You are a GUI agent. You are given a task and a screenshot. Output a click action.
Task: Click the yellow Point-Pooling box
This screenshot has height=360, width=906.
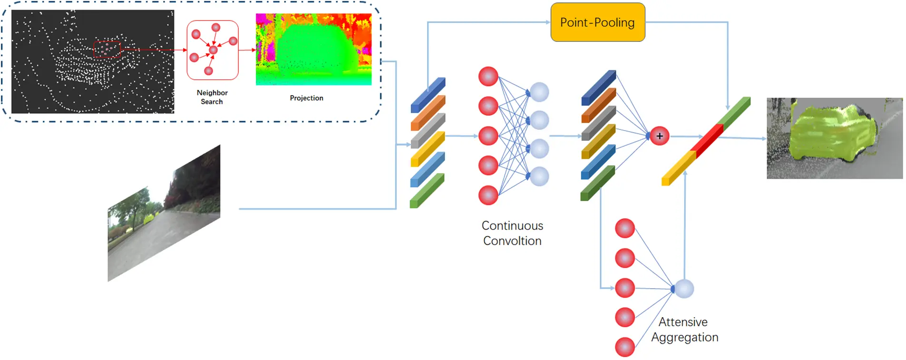[597, 22]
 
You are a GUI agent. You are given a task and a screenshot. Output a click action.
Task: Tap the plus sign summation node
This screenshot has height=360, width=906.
[659, 136]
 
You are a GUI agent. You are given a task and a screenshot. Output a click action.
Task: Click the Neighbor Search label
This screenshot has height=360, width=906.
[212, 97]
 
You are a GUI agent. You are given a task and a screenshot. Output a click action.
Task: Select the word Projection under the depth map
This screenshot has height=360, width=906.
[306, 98]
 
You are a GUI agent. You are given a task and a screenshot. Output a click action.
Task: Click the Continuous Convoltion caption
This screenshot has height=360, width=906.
[512, 233]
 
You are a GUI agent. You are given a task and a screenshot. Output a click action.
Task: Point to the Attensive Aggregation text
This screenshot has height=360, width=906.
[684, 330]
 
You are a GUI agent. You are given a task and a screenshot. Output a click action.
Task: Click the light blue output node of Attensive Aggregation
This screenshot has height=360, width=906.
[684, 289]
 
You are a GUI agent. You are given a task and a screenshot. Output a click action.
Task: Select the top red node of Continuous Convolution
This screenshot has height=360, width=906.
[488, 77]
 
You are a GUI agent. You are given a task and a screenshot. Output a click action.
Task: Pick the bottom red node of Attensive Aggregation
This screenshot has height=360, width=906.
[624, 347]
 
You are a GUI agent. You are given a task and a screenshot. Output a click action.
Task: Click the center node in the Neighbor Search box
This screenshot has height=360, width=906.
[213, 49]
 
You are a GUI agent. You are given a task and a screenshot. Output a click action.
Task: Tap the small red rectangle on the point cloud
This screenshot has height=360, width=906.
[107, 49]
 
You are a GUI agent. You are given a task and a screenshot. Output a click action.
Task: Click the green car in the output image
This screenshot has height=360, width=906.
[832, 133]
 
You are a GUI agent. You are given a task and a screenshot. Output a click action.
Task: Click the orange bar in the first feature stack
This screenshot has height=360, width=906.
[428, 113]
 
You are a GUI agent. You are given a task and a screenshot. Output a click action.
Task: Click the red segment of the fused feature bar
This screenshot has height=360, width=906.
[707, 138]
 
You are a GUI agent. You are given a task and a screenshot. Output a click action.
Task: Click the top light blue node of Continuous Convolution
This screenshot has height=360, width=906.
[539, 92]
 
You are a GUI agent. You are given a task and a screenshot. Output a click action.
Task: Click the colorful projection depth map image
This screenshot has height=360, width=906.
[313, 49]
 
